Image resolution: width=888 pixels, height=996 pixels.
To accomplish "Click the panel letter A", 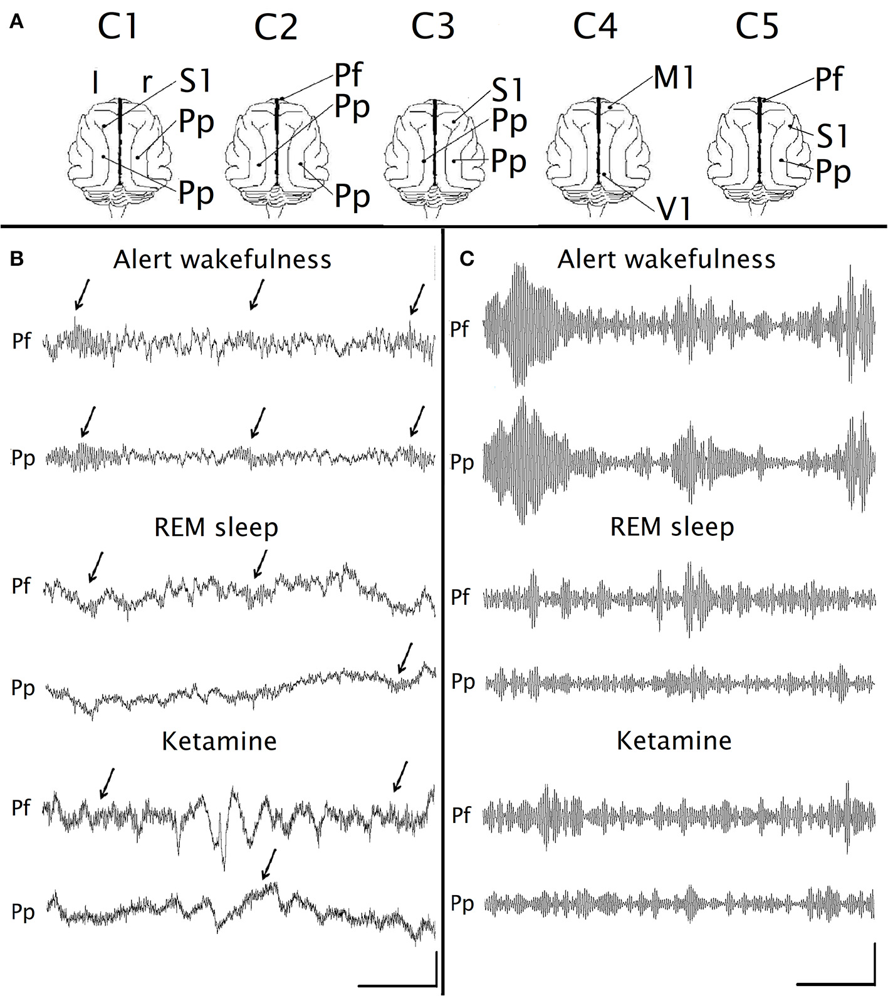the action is [17, 23].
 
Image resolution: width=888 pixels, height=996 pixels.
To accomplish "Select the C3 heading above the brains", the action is [432, 28].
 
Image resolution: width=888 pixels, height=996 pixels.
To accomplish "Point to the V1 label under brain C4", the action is [674, 209].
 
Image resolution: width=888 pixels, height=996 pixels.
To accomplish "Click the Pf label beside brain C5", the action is [828, 80].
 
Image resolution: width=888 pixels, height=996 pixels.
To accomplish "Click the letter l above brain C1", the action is [95, 84].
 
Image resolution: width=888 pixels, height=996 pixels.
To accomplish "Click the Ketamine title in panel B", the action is [219, 742].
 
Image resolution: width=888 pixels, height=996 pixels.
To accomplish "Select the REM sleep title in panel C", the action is [672, 527].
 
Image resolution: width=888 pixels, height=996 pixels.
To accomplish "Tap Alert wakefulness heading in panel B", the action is [222, 259].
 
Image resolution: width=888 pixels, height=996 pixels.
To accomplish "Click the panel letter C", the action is [467, 259].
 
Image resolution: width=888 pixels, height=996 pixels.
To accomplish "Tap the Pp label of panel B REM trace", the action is [23, 688].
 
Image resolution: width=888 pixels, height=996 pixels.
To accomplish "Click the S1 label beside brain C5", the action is [832, 136].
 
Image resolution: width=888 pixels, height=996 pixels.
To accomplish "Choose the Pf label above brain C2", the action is [348, 75].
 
